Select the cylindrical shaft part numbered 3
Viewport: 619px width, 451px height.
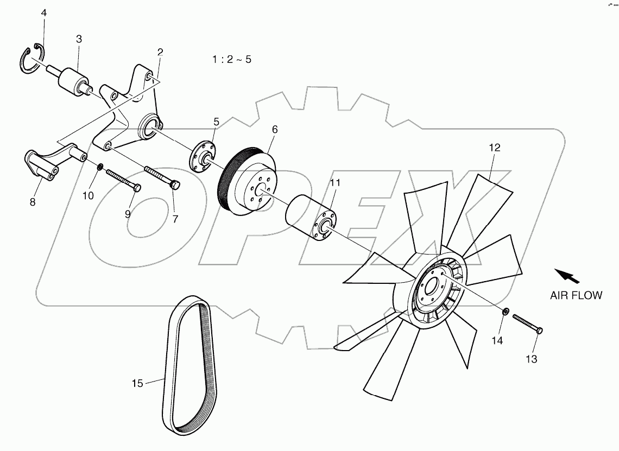click(x=76, y=82)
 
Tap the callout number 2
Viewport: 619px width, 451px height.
click(x=160, y=53)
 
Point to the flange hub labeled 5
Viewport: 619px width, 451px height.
click(x=204, y=157)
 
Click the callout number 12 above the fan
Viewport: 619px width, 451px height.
click(x=494, y=147)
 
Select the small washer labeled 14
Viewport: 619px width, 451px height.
click(x=506, y=312)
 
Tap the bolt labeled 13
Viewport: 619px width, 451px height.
click(x=527, y=323)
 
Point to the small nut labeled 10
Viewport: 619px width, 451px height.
click(x=100, y=166)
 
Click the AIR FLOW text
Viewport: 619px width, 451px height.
click(x=576, y=296)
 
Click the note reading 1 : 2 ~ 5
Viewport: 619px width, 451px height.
click(x=232, y=59)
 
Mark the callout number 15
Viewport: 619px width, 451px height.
click(x=137, y=384)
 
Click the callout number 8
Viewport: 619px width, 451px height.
click(x=33, y=202)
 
